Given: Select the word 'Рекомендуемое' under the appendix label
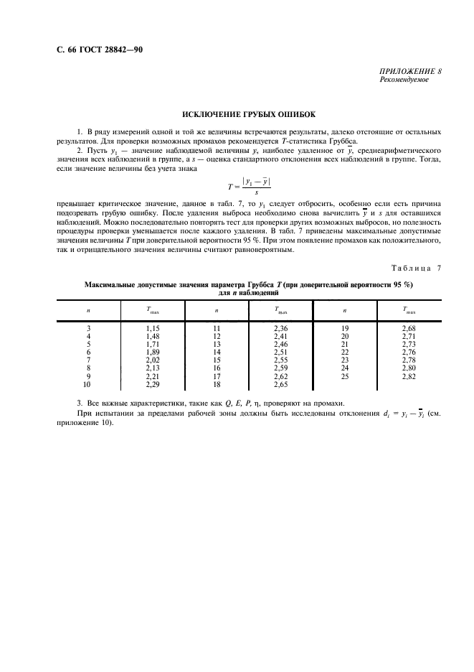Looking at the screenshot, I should point(404,80).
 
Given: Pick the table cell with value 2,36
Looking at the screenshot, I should point(281,327).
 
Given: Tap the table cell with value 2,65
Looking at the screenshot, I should point(281,385).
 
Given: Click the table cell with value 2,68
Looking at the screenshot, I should point(409,327).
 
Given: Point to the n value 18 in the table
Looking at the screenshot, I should point(217,385).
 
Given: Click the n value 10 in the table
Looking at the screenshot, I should point(88,385).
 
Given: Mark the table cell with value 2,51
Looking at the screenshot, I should point(281,352).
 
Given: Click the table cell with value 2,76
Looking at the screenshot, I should point(409,352).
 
